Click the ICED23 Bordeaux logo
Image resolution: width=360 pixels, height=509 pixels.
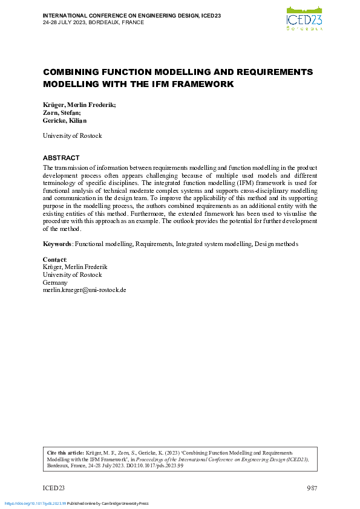(x=304, y=18)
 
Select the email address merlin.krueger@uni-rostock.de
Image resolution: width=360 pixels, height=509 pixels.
(x=84, y=290)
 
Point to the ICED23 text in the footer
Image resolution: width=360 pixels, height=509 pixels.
(x=54, y=488)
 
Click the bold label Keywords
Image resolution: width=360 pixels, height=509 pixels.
(x=57, y=244)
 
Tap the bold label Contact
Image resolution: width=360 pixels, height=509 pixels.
(x=54, y=259)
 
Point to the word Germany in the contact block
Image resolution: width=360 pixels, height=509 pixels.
(x=56, y=282)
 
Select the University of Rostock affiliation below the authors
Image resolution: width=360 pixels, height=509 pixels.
(x=72, y=136)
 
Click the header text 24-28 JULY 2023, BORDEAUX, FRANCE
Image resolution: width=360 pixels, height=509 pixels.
(x=93, y=22)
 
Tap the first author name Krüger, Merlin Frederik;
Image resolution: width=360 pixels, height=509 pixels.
(x=79, y=105)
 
